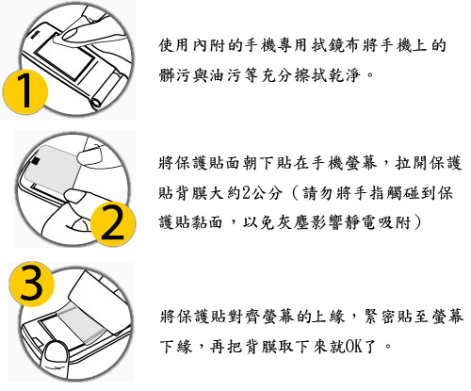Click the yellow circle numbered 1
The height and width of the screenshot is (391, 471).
[25, 91]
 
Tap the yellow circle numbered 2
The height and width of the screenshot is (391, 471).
[113, 223]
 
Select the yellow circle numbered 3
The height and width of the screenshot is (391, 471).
[31, 285]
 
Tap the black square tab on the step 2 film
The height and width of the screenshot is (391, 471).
[36, 161]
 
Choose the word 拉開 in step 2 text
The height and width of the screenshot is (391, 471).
[412, 163]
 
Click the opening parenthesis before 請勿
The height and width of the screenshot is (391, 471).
[295, 193]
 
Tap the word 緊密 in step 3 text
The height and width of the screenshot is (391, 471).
[379, 317]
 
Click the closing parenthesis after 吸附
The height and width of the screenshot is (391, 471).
[417, 222]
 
